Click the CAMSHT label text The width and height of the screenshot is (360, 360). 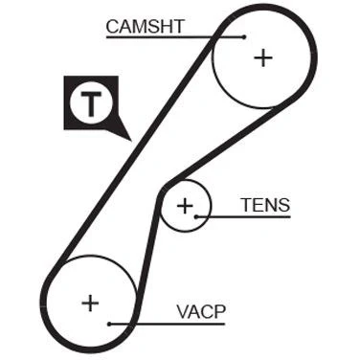[146, 27]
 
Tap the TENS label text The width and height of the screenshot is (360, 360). [266, 205]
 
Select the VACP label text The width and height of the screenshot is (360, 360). [201, 312]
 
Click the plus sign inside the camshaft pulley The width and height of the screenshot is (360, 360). [263, 58]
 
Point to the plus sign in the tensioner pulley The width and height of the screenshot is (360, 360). [185, 206]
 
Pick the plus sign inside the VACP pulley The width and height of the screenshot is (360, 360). [90, 304]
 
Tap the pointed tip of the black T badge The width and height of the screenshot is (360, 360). [131, 141]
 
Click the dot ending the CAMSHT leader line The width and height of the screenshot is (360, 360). [244, 37]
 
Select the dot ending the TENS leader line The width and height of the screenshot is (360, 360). [196, 216]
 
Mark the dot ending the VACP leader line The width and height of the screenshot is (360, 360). [109, 324]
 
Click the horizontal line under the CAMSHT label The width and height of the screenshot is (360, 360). [175, 37]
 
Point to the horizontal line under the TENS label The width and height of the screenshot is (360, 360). [243, 216]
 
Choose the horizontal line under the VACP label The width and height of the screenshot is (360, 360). [167, 324]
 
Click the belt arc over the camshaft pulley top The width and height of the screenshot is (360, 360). [265, 9]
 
